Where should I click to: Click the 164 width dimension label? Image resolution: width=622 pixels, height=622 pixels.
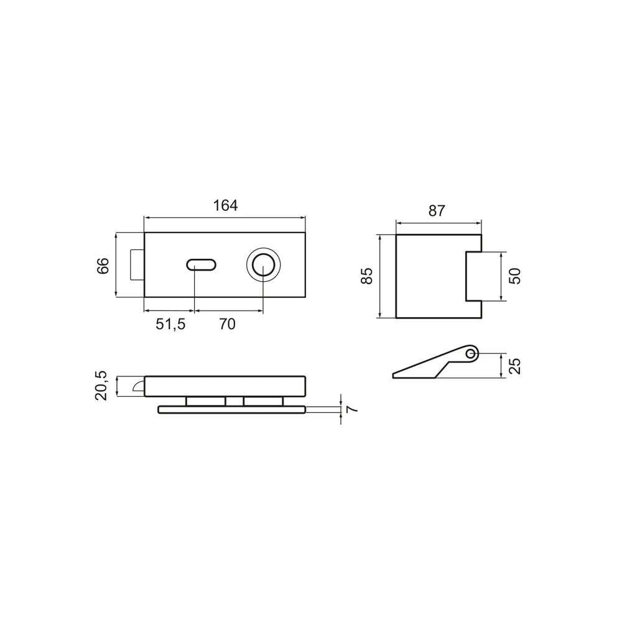pos(225,205)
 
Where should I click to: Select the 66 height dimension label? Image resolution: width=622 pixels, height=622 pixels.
pos(103,266)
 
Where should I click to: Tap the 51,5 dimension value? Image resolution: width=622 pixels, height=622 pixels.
pos(170,324)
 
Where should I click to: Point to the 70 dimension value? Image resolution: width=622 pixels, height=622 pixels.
pos(227,324)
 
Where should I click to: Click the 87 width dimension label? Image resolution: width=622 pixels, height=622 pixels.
pos(437,211)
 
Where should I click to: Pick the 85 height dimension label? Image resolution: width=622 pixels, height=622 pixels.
pos(367,276)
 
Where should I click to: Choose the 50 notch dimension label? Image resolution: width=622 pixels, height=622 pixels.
pos(514,276)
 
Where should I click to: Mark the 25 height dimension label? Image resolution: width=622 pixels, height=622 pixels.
pos(514,366)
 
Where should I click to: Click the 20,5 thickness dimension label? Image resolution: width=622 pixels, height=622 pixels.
pos(101,386)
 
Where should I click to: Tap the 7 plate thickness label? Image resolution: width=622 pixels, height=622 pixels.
pos(352,409)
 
